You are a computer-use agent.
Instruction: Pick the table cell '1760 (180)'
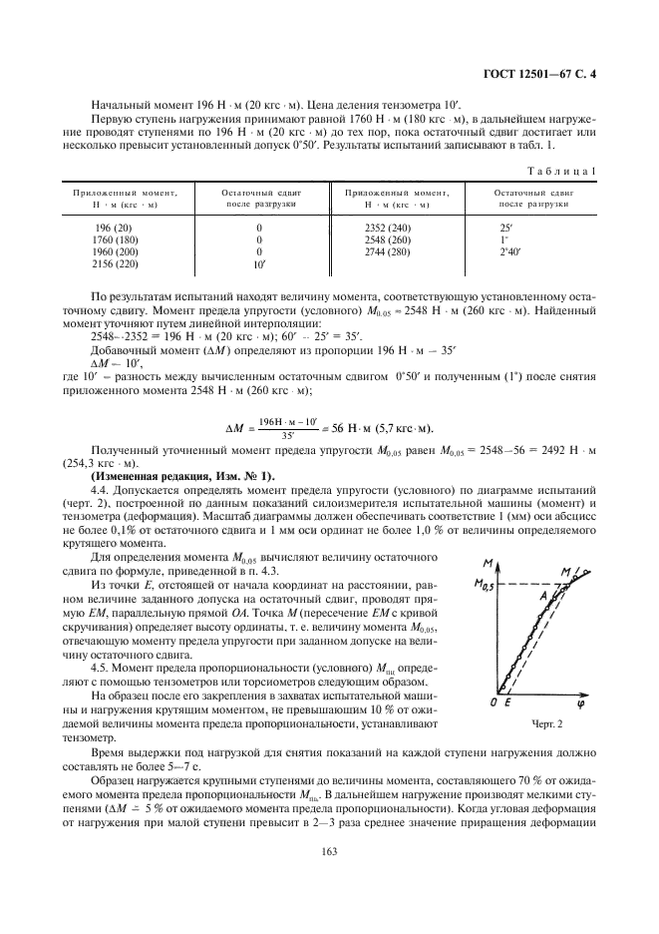(x=109, y=240)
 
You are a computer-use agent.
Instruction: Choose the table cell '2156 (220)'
(x=109, y=265)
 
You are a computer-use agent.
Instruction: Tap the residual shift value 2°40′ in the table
(x=495, y=253)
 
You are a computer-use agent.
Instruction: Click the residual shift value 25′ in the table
(x=491, y=229)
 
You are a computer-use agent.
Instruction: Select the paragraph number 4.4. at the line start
(x=102, y=492)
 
